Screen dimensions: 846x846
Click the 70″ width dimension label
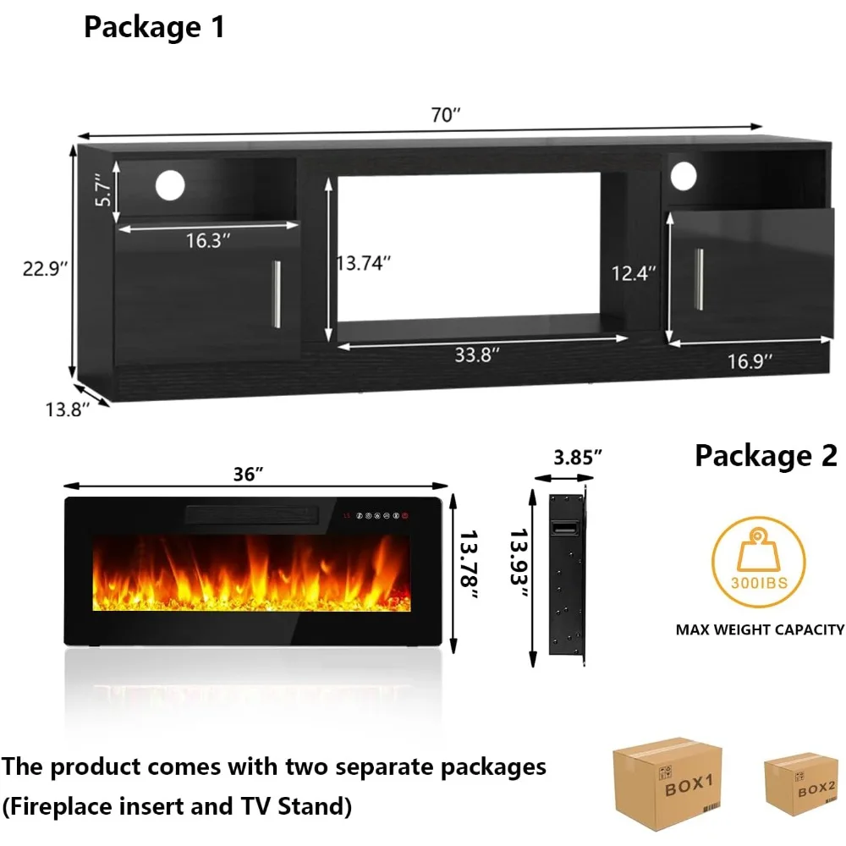click(x=445, y=117)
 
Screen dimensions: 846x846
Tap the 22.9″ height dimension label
click(x=45, y=268)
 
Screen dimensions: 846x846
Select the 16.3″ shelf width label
click(x=209, y=241)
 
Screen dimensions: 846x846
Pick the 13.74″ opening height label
click(x=363, y=263)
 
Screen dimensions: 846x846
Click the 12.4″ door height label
click(x=634, y=272)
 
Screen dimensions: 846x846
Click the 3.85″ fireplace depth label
click(x=578, y=457)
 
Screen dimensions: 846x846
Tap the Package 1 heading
click(x=154, y=27)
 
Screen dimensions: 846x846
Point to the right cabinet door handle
click(x=698, y=279)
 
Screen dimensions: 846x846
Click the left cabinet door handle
click(x=275, y=294)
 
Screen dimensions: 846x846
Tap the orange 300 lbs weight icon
click(x=758, y=562)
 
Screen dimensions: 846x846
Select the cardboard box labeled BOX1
click(x=667, y=779)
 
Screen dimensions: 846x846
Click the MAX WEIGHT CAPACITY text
click(x=760, y=629)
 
